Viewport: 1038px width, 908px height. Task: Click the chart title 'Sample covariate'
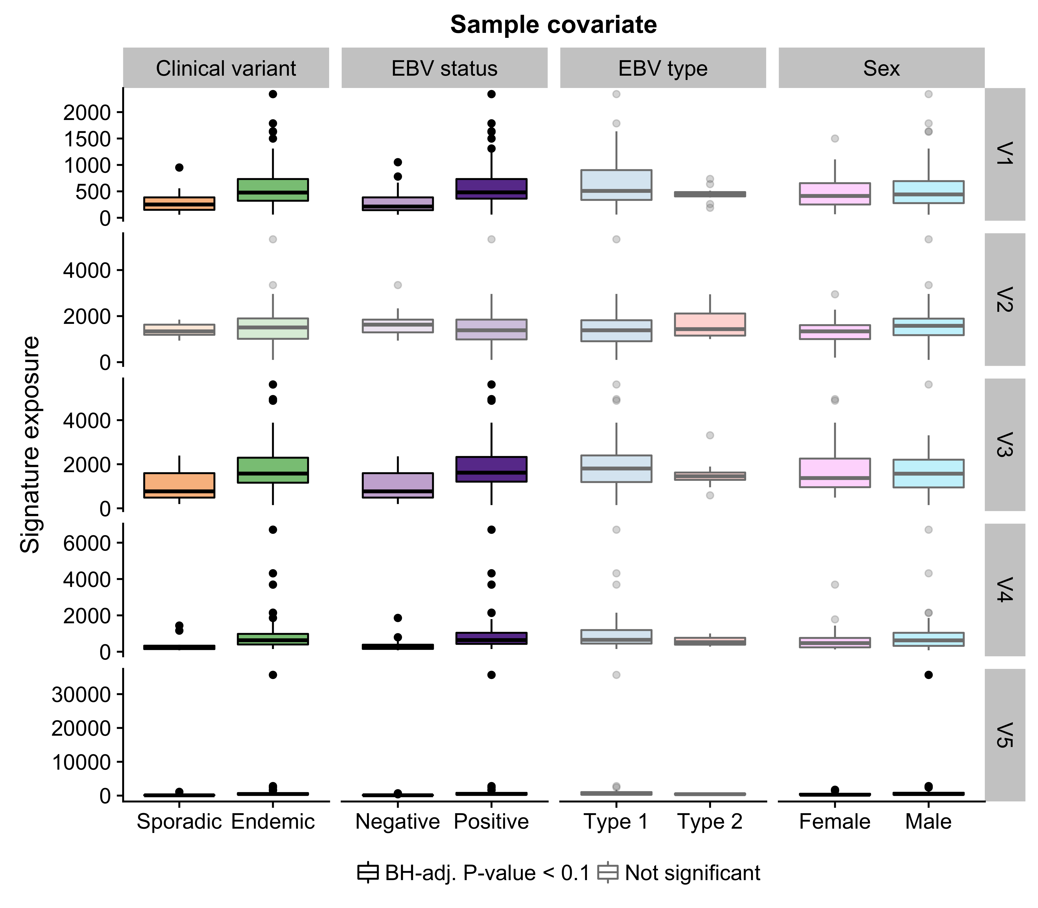(553, 24)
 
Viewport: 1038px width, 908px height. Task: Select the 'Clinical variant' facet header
(226, 68)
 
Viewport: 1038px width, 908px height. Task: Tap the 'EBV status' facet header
(444, 68)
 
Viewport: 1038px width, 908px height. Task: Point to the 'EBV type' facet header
(663, 68)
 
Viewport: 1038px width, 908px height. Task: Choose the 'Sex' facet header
(881, 68)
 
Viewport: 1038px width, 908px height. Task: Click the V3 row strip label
(1004, 444)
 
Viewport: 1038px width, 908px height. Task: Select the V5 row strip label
(1004, 735)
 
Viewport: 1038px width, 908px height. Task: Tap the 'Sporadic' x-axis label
(179, 821)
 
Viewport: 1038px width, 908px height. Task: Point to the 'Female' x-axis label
(835, 821)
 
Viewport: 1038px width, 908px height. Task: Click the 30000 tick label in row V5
(81, 694)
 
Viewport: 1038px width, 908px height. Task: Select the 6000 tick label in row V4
(87, 543)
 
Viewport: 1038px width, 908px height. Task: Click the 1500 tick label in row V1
(87, 138)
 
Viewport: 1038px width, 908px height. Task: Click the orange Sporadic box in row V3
(179, 485)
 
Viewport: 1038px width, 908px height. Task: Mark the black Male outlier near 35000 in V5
(929, 675)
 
